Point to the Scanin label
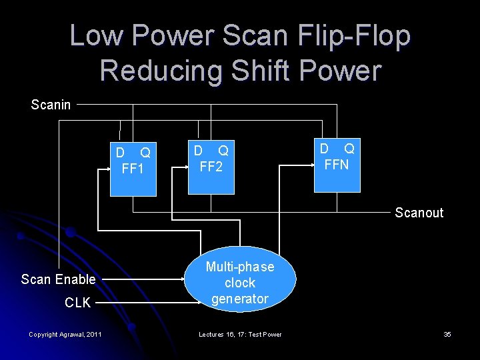pos(51,105)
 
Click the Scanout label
pos(419,213)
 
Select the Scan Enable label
pos(58,279)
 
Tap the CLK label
pos(77,303)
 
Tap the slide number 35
pos(447,334)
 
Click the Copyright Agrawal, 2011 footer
pos(65,334)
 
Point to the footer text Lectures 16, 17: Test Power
pos(240,334)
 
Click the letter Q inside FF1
pos(145,153)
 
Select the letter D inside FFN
pos(324,148)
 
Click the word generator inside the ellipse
pos(240,299)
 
